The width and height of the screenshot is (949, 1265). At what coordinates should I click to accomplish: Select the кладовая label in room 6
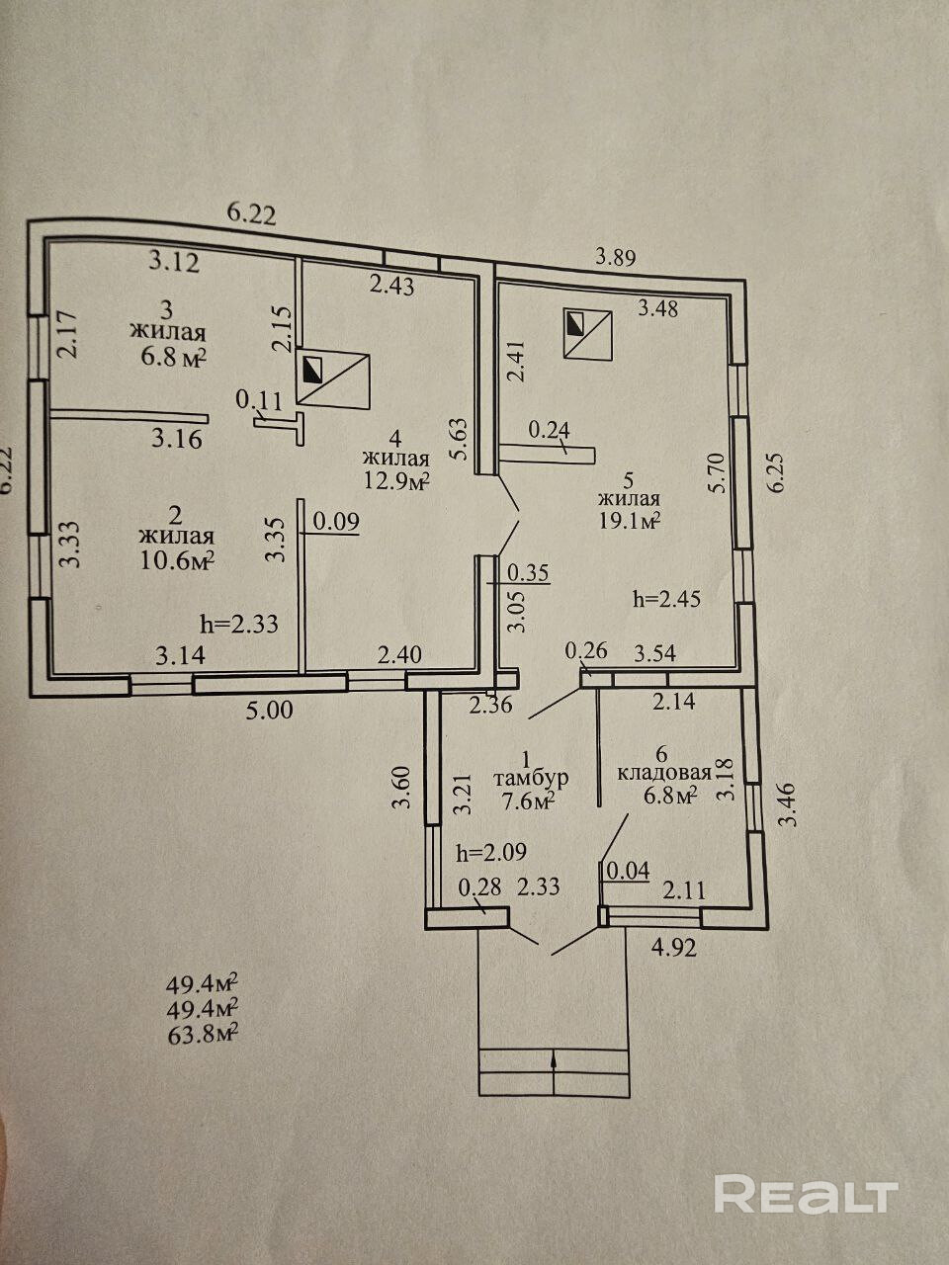click(x=664, y=773)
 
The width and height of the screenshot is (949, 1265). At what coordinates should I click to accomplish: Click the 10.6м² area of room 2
click(x=178, y=560)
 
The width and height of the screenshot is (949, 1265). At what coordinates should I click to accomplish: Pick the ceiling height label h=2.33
click(x=238, y=624)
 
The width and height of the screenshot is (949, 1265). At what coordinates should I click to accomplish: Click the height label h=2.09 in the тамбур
click(x=491, y=852)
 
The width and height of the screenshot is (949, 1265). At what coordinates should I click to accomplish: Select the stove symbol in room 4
click(x=334, y=379)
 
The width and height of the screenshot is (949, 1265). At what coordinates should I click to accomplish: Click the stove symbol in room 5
click(x=587, y=333)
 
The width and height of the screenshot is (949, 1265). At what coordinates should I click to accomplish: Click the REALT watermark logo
click(x=806, y=1195)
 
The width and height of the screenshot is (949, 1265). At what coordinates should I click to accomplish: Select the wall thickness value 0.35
click(x=528, y=572)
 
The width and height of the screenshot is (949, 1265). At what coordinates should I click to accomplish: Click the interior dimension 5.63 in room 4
click(x=456, y=438)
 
